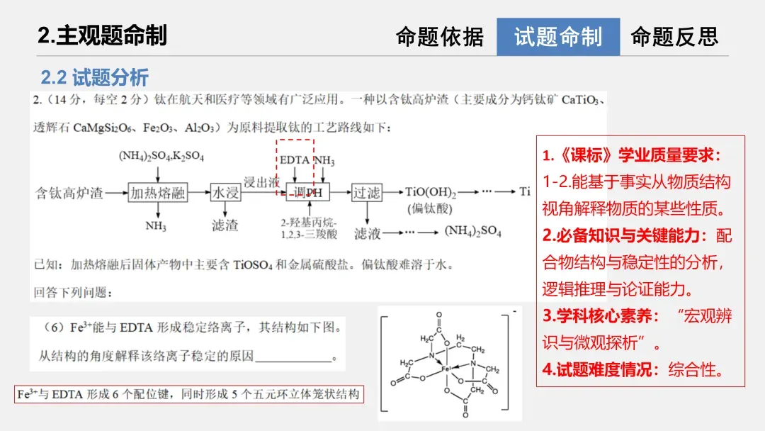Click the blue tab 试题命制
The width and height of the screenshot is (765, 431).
point(557,37)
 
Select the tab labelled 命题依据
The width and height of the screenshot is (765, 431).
point(439,37)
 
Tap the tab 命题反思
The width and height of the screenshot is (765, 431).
point(674,37)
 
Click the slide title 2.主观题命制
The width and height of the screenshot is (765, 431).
point(102,35)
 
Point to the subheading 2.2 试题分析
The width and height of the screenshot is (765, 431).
point(94,77)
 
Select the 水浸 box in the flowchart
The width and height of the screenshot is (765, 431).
point(225,192)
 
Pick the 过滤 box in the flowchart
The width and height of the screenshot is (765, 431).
point(367,192)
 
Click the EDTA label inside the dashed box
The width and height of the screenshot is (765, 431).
point(294,160)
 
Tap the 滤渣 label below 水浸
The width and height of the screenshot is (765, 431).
point(225,225)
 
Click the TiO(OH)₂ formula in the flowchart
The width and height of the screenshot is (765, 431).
point(431,192)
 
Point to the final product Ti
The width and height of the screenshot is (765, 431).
point(525,191)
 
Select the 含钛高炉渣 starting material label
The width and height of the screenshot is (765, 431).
point(69,193)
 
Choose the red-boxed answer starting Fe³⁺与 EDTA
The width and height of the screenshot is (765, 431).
point(188,395)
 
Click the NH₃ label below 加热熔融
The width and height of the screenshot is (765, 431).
point(156,226)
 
